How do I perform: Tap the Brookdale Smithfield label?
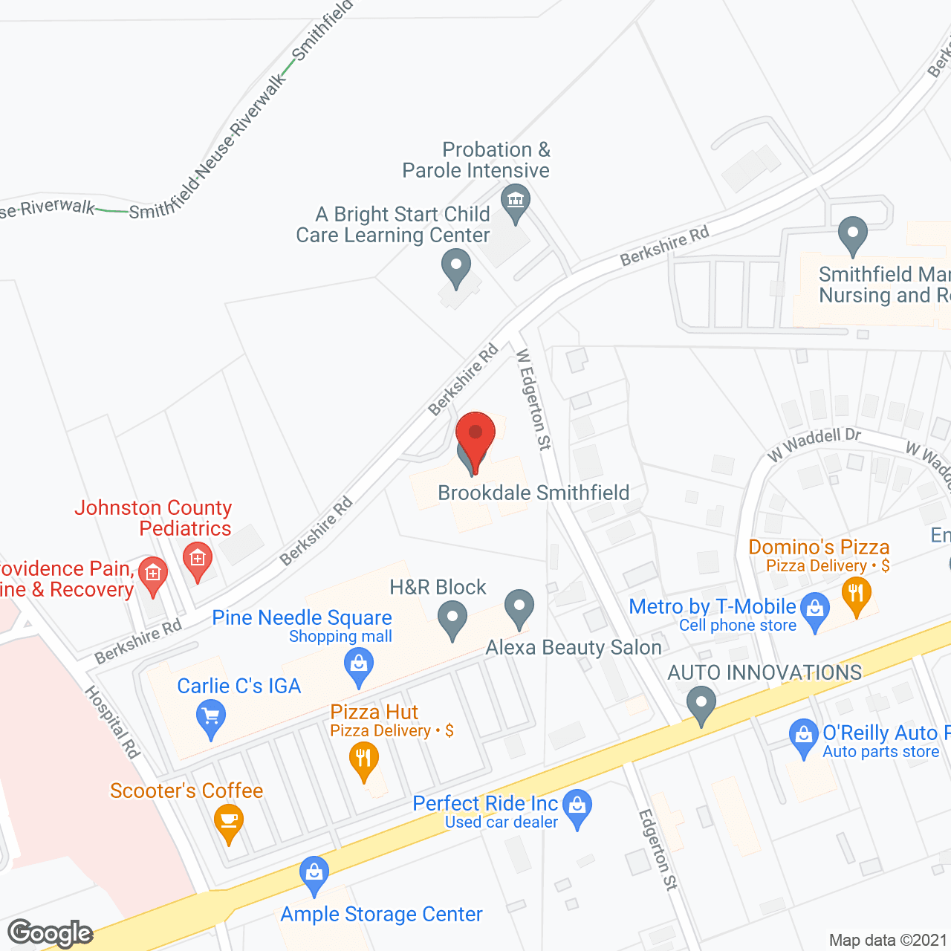[x=533, y=493]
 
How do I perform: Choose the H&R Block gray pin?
[x=452, y=617]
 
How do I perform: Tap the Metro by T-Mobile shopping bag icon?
[x=815, y=609]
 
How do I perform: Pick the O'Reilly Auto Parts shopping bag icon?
[x=803, y=736]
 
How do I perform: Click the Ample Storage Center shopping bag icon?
[x=314, y=872]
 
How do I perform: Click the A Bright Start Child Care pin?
[x=455, y=266]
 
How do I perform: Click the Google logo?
[x=50, y=933]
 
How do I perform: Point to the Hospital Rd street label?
[x=112, y=722]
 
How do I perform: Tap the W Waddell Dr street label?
[x=814, y=443]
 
